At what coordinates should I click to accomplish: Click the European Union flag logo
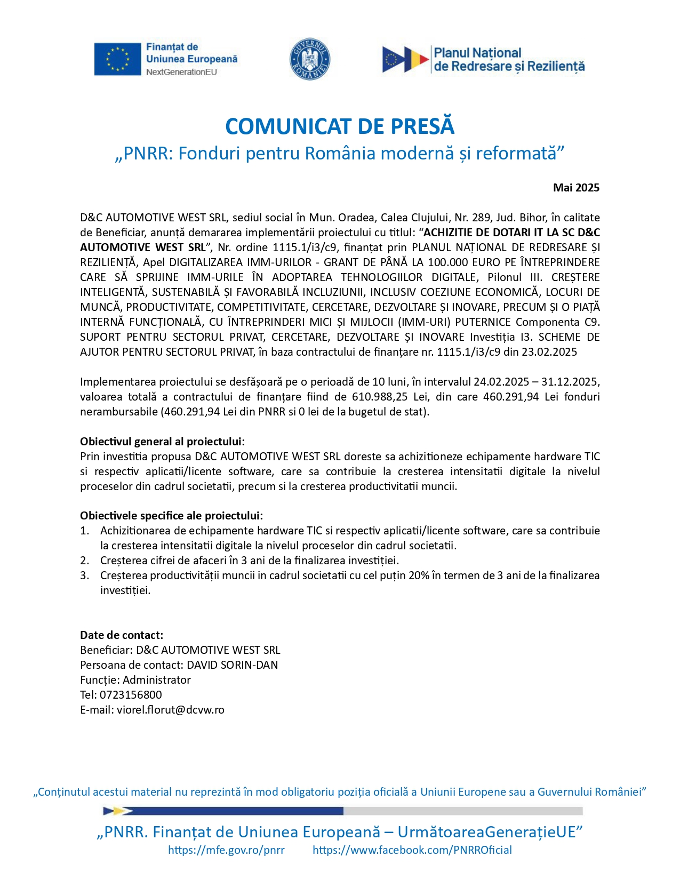117,59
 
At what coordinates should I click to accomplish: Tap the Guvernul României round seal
309,59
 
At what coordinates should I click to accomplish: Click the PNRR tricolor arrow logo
405,59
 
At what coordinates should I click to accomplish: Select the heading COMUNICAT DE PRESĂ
340,126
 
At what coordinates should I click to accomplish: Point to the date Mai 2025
576,188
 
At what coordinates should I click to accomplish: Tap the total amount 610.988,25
379,397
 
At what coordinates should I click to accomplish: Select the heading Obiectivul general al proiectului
163,442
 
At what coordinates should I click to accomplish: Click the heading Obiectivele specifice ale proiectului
171,516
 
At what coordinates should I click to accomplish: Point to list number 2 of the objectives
85,561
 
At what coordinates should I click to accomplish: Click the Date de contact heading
122,635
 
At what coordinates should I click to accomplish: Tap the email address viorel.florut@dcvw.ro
171,710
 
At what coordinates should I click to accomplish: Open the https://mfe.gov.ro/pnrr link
226,850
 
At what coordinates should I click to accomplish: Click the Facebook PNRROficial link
412,850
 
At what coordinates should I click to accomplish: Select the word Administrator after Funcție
157,680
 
